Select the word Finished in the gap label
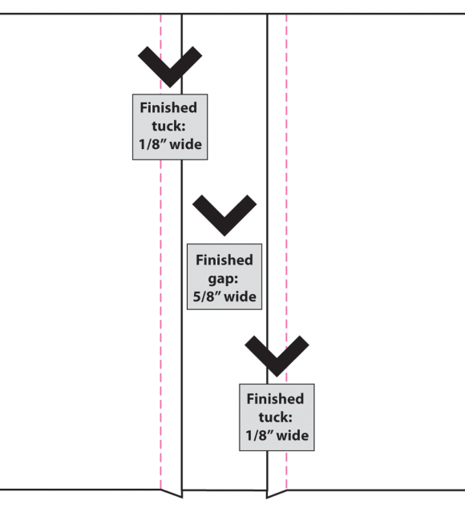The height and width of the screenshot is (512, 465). click(x=224, y=260)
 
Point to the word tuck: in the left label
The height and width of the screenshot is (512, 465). click(x=168, y=126)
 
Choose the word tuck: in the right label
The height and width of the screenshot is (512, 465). click(x=276, y=417)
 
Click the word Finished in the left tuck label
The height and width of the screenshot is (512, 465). click(x=168, y=107)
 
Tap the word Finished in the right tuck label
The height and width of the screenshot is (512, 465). click(x=275, y=399)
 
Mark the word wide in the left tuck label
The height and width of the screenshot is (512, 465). click(x=186, y=144)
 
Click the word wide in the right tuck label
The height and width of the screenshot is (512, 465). click(x=293, y=436)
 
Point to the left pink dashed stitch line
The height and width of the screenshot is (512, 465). click(x=161, y=252)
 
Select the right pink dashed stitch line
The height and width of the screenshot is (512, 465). click(x=286, y=252)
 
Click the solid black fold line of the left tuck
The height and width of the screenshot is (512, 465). click(x=182, y=255)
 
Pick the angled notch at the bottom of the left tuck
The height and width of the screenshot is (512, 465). click(x=172, y=494)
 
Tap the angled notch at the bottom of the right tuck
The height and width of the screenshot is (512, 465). click(x=277, y=494)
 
